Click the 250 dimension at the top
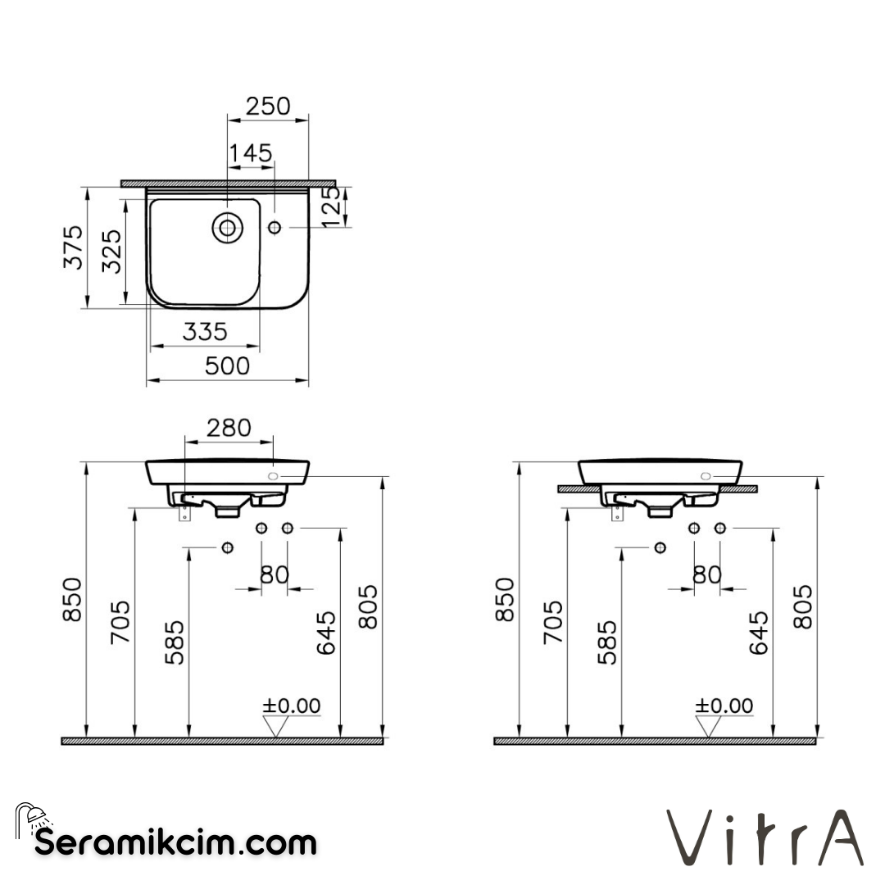tap(268, 106)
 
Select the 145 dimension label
tap(251, 152)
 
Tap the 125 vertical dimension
tap(330, 206)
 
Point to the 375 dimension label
tap(74, 247)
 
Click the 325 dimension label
tap(112, 251)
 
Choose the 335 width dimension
tap(204, 332)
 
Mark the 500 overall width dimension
tap(227, 365)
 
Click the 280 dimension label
tap(229, 428)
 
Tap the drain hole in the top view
tap(227, 227)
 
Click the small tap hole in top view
tap(275, 227)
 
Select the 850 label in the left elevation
tap(73, 599)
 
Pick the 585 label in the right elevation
tap(608, 642)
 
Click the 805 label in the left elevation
tap(369, 606)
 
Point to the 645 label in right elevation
tap(759, 632)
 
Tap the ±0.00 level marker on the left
tap(291, 706)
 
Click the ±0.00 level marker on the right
tap(724, 706)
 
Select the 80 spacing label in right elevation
tap(706, 574)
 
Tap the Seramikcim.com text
tap(175, 842)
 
